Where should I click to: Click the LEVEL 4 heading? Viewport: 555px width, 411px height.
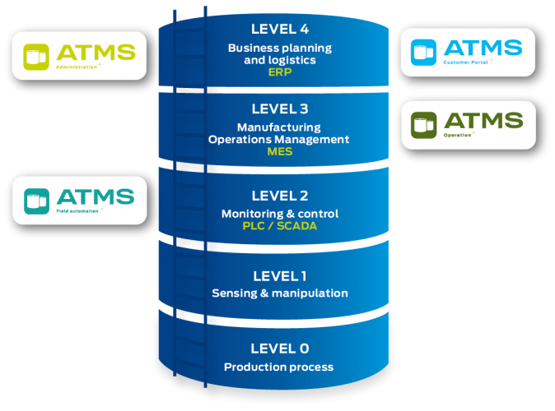(281, 30)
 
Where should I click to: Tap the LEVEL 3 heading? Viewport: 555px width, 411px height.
(280, 109)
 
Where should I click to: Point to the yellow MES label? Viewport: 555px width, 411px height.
(280, 151)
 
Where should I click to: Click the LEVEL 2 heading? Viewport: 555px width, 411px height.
(280, 196)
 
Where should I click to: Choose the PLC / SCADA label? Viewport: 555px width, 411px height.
(280, 226)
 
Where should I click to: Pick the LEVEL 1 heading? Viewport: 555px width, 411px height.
(280, 276)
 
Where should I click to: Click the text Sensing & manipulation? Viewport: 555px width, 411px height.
(280, 293)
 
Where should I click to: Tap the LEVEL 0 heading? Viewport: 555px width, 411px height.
(280, 349)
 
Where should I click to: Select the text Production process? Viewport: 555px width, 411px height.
(280, 367)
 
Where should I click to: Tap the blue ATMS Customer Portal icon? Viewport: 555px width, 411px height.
(424, 51)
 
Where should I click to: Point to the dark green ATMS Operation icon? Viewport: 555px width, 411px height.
(425, 124)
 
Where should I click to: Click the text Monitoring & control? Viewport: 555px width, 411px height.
(280, 214)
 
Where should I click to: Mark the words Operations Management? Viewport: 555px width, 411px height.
(278, 139)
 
